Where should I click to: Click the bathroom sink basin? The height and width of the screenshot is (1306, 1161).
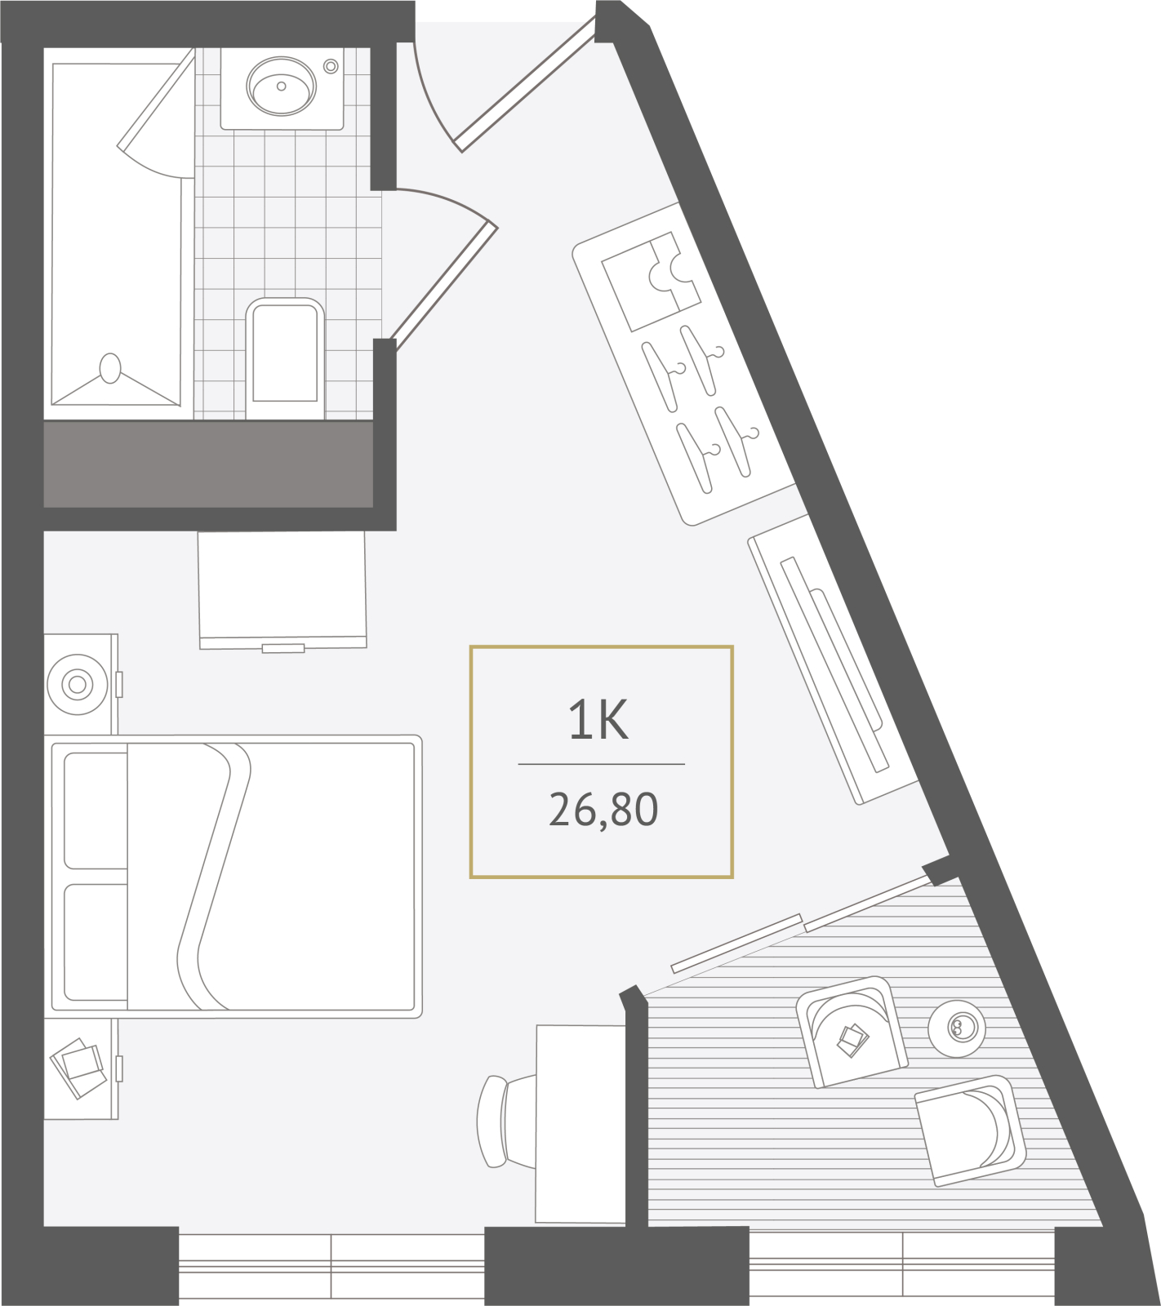coord(281,86)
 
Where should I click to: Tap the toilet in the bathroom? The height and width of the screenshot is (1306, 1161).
coord(285,358)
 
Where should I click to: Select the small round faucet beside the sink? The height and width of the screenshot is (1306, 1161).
coord(331,66)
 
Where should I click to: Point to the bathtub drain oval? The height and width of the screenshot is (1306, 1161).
coord(109,368)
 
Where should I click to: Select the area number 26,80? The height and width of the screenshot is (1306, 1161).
coord(603,810)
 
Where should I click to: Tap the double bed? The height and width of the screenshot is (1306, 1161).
coord(234,876)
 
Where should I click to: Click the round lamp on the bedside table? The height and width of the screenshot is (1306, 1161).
coord(78,684)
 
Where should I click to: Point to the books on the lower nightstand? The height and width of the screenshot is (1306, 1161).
coord(78,1068)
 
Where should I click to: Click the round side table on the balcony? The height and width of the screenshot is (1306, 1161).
coord(957,1028)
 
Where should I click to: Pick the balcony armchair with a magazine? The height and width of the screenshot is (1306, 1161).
coord(852,1032)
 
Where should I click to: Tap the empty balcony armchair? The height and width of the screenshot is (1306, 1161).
coord(971,1131)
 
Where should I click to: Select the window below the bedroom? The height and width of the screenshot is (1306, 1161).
coord(331,1266)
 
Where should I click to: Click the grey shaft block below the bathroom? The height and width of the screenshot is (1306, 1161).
coord(208,464)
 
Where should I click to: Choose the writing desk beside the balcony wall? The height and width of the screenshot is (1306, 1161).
coord(580,1124)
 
